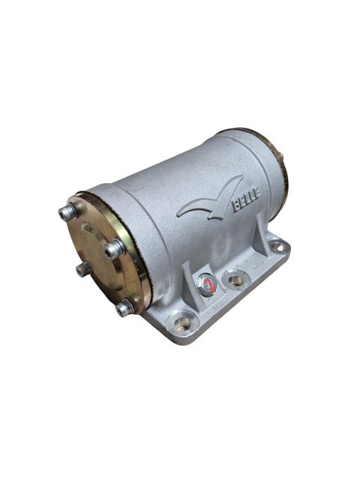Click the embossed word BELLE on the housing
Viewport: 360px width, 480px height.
247,199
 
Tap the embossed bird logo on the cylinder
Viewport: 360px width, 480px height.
209,201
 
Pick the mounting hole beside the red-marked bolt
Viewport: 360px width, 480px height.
235,280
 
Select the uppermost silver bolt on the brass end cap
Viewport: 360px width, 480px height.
68,211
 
